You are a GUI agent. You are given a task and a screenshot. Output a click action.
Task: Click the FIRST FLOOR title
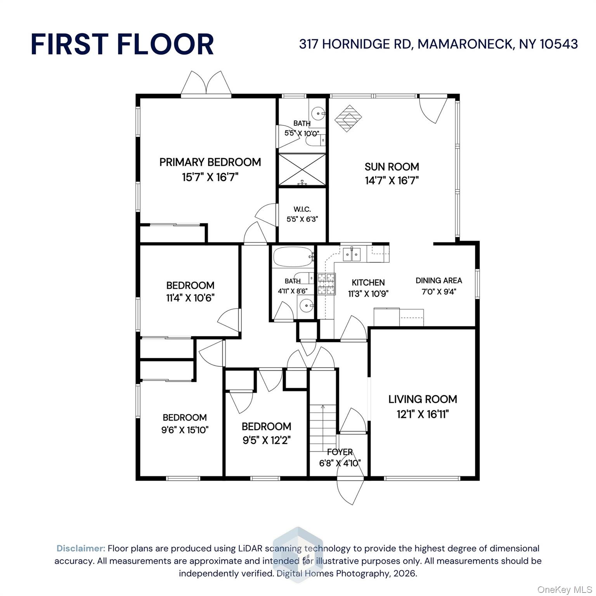(x=122, y=44)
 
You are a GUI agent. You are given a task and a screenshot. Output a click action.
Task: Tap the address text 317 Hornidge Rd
(x=438, y=44)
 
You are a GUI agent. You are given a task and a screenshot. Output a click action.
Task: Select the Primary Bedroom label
(x=210, y=162)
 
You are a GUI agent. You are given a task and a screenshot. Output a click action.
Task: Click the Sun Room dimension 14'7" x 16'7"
(x=392, y=180)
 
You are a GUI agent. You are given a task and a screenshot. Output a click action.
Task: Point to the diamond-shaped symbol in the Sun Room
(x=348, y=118)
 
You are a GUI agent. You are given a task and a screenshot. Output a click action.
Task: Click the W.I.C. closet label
(x=302, y=210)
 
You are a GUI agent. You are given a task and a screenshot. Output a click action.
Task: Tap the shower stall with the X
(x=302, y=170)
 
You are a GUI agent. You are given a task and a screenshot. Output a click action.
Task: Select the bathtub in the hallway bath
(x=293, y=256)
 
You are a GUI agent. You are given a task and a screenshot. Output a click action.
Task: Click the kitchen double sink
(x=352, y=254)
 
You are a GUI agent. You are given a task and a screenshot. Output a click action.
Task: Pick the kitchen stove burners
(x=326, y=284)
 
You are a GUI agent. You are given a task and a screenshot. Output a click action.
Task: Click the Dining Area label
(x=438, y=281)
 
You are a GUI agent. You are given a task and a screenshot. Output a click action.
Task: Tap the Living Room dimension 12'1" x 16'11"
(x=423, y=414)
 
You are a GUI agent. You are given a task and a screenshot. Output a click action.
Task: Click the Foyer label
(x=340, y=452)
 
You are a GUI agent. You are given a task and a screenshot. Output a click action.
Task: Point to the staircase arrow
(x=322, y=407)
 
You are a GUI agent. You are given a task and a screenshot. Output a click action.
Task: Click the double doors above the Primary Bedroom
(x=206, y=83)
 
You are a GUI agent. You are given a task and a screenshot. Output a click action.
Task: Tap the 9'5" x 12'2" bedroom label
(x=267, y=440)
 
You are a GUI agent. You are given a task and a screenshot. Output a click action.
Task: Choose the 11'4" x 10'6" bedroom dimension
(x=190, y=298)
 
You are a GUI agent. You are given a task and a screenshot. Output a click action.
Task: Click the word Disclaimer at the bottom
(x=81, y=548)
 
